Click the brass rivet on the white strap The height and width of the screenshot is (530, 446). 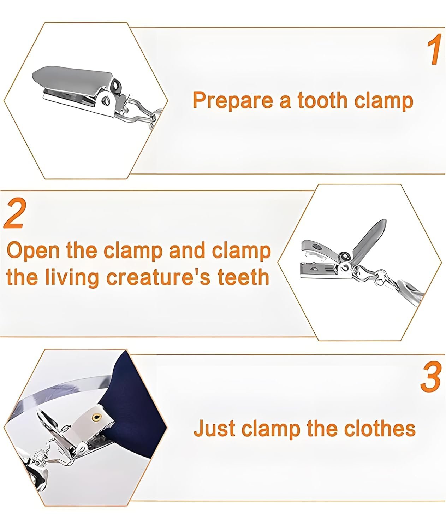pyautogui.click(x=96, y=417)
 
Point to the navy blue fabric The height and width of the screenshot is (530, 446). pyautogui.click(x=135, y=406)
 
